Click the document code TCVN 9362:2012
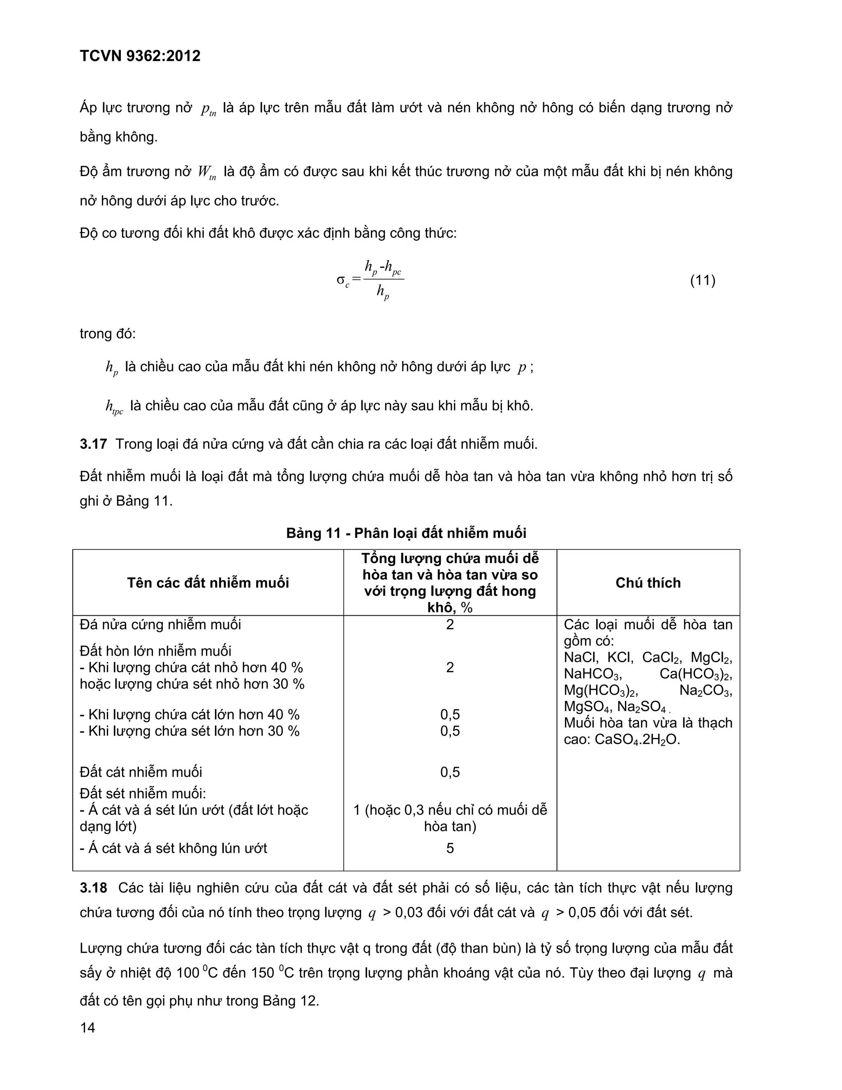tap(140, 56)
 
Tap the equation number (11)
tap(702, 281)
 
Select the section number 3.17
tap(93, 444)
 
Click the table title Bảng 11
tap(406, 533)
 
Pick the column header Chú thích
tap(648, 582)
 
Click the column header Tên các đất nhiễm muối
tap(208, 582)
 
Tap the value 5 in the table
tap(450, 848)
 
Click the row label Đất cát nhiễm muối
tap(141, 772)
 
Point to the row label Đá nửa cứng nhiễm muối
tap(160, 624)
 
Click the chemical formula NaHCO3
tap(592, 674)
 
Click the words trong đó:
tap(107, 334)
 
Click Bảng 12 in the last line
tap(290, 1001)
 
